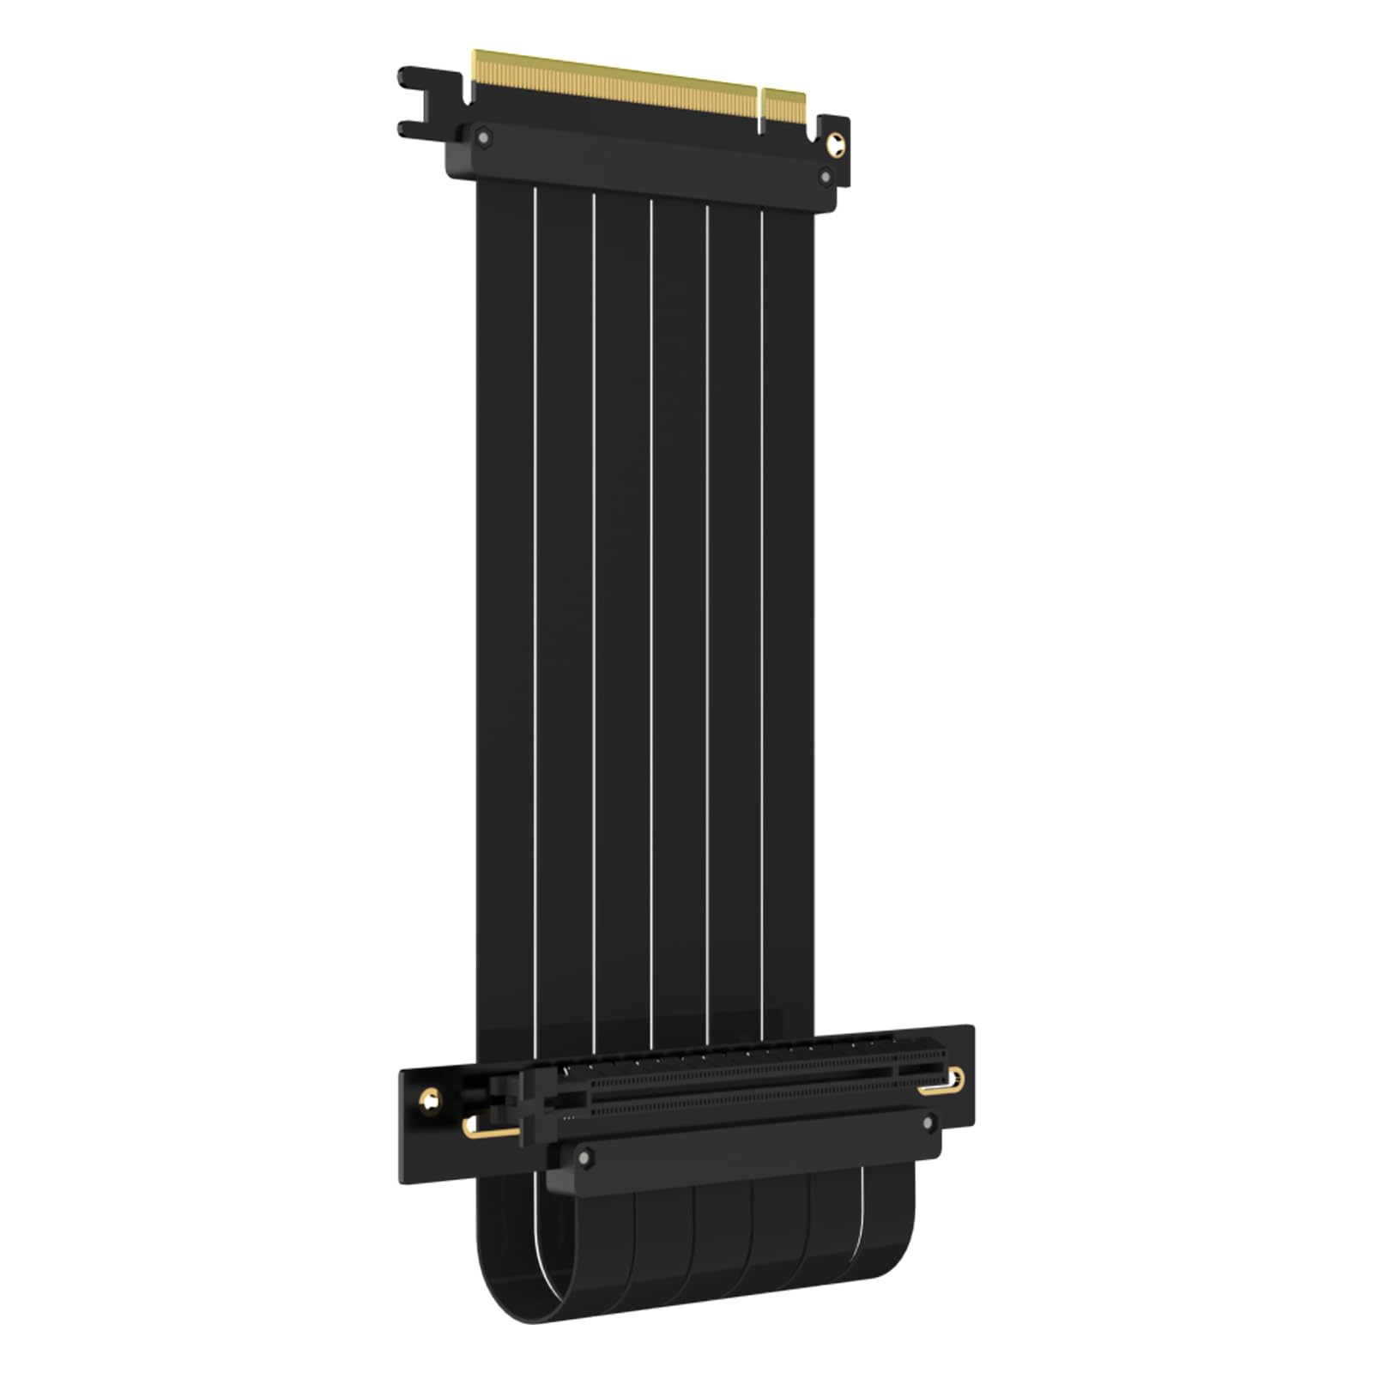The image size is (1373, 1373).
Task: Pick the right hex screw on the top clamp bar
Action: point(826,177)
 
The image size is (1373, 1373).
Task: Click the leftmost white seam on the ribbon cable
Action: point(535,601)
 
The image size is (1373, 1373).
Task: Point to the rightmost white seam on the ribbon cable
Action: point(762,601)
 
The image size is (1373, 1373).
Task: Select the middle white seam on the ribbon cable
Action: point(650,601)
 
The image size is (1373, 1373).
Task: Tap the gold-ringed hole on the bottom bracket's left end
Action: point(429,1099)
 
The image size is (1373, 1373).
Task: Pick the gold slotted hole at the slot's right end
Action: point(944,1085)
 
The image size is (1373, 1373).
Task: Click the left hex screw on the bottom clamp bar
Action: point(585,1158)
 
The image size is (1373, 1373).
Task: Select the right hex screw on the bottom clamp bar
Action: point(928,1122)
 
